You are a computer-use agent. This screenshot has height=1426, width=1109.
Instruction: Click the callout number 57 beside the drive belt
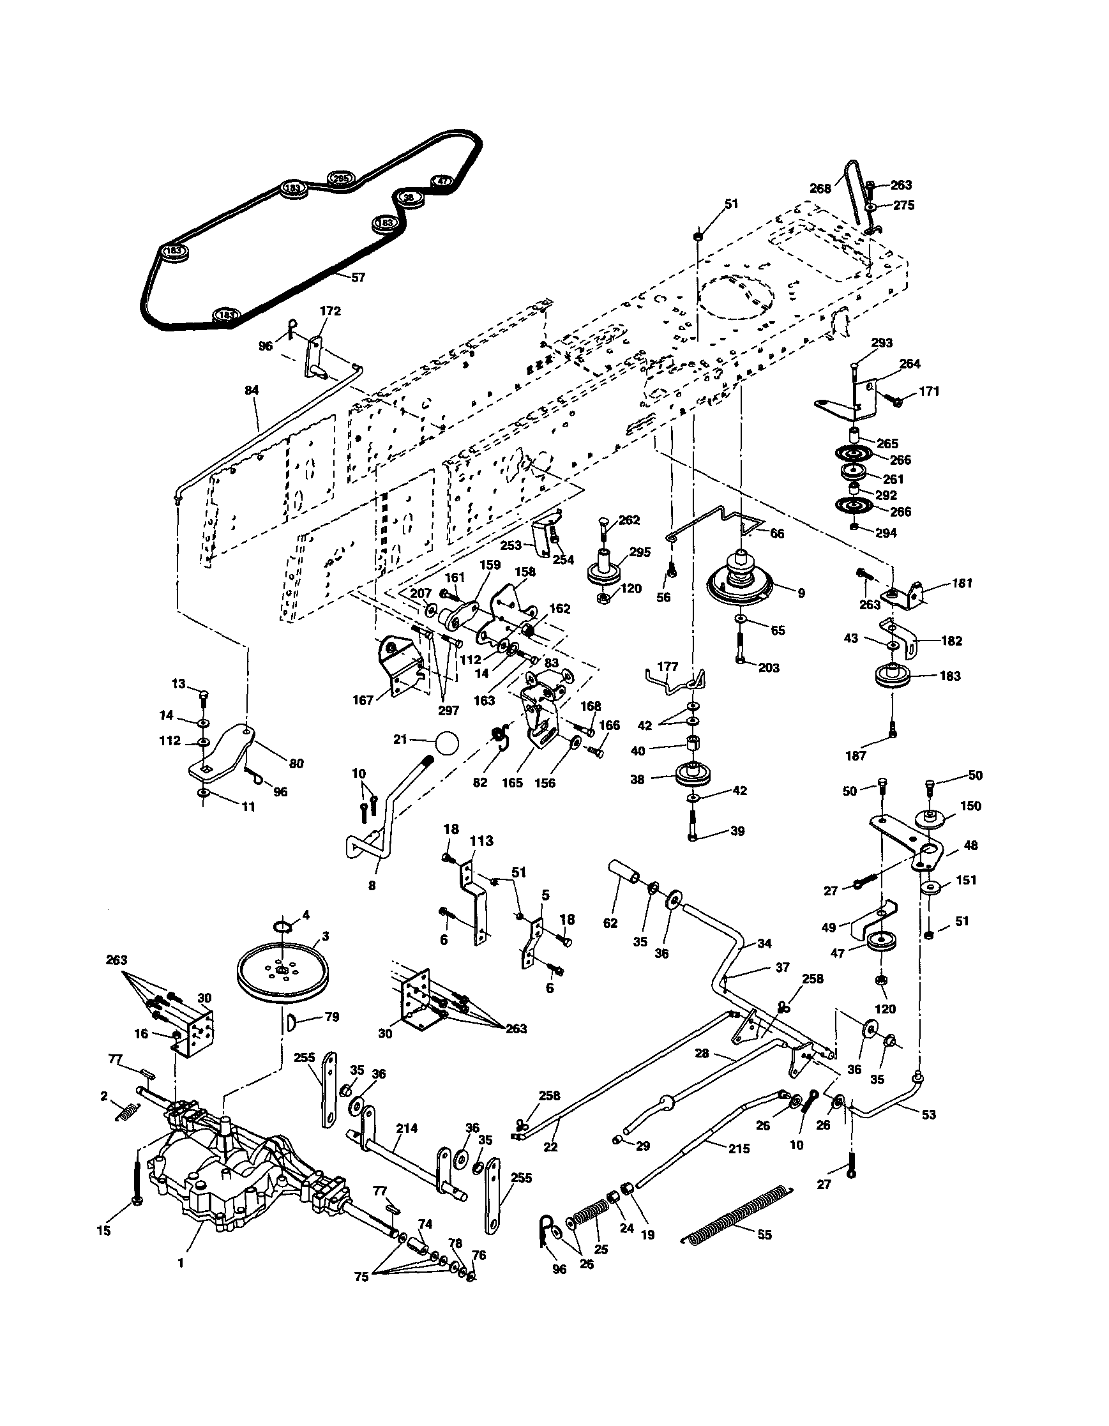(358, 277)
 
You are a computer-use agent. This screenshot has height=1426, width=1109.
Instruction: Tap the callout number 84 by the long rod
(252, 390)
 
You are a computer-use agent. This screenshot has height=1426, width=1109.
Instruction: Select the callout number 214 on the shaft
(407, 1128)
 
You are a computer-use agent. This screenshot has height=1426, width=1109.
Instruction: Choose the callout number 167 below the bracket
(363, 700)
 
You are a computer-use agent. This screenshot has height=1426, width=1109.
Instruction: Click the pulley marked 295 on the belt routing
(340, 178)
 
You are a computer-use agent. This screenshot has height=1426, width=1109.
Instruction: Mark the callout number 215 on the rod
(739, 1148)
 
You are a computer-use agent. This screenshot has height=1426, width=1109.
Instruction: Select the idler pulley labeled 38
(691, 775)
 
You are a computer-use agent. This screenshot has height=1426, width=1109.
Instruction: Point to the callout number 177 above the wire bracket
(668, 667)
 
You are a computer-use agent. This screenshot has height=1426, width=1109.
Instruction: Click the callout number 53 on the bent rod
(928, 1114)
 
